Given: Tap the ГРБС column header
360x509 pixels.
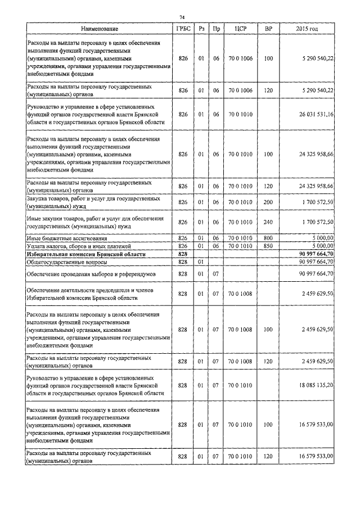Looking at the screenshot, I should (x=182, y=28).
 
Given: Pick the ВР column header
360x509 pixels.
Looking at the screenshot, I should (x=268, y=28).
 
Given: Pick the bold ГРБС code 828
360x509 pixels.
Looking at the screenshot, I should (x=182, y=254).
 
